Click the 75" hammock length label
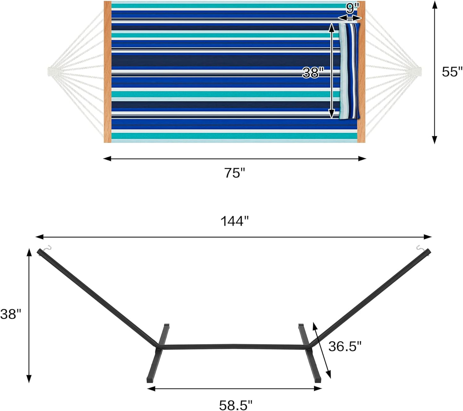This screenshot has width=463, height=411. click(x=234, y=173)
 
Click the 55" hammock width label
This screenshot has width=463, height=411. click(x=452, y=72)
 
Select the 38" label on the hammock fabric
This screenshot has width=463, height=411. click(x=311, y=73)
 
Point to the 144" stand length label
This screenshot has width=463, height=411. click(x=235, y=221)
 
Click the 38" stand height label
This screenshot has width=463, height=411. click(x=11, y=314)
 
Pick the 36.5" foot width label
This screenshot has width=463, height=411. click(x=345, y=346)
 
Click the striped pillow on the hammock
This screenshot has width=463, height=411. click(x=350, y=71)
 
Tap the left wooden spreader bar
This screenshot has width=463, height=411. click(x=108, y=72)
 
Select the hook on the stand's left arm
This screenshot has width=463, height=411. click(x=47, y=248)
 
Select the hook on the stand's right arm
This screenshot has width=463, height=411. click(x=420, y=248)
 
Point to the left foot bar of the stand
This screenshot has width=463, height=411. click(x=158, y=352)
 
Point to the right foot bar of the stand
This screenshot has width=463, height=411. click(x=310, y=352)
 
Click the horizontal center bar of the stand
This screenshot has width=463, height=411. click(x=232, y=347)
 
